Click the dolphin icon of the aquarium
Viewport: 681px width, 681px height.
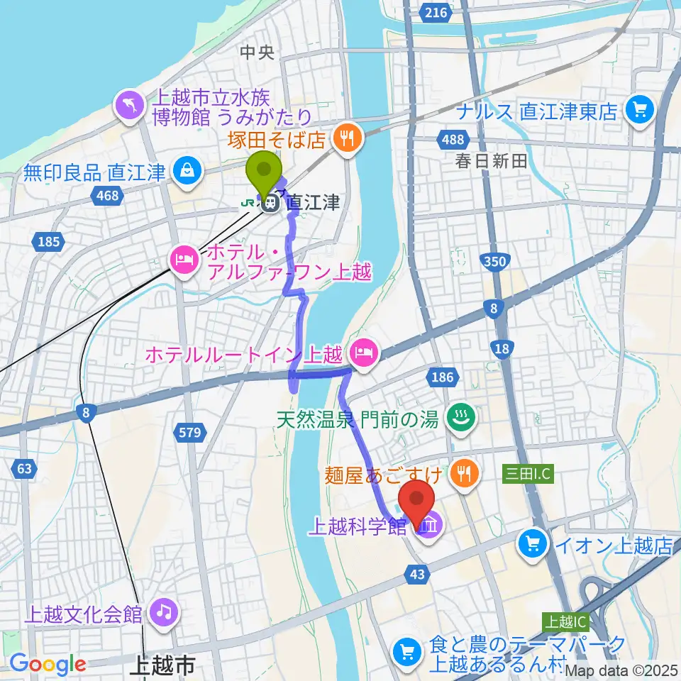click(x=131, y=106)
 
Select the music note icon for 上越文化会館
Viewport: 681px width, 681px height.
click(x=164, y=611)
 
